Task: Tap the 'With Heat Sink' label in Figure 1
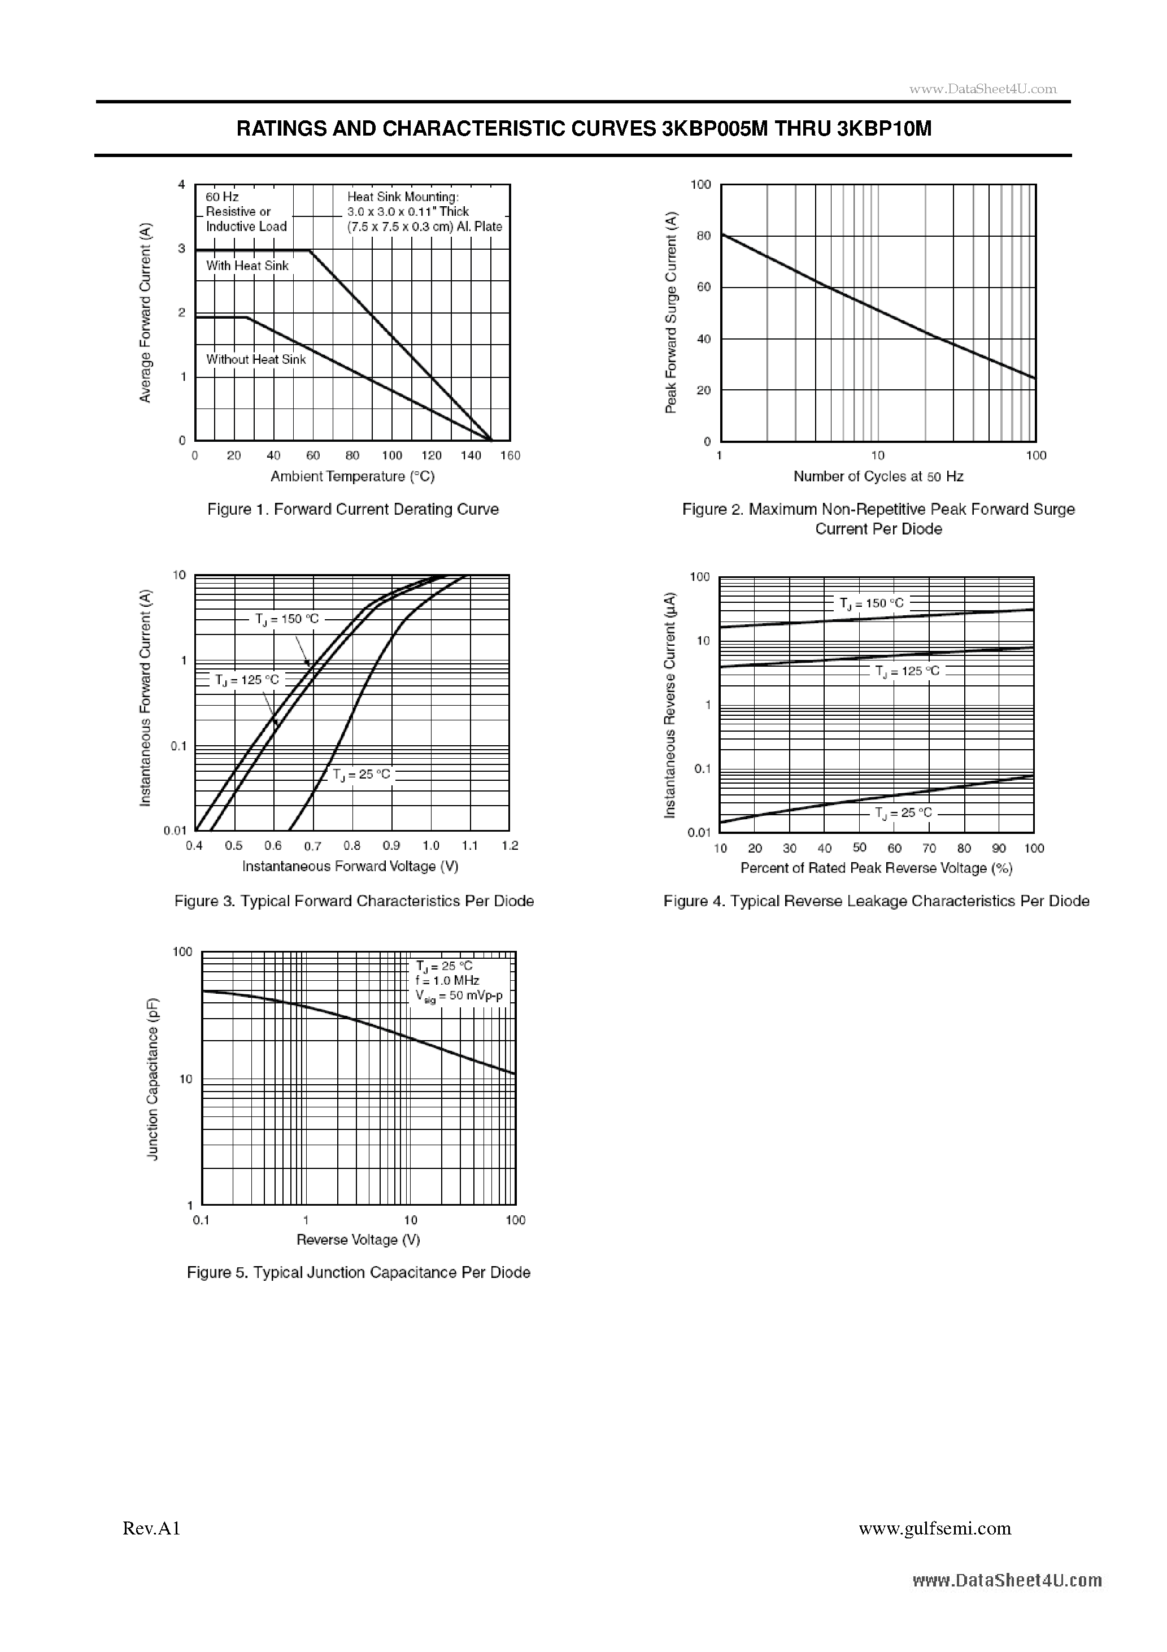coord(247,266)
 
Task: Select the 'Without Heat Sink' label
coord(255,359)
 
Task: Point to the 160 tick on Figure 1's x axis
coord(510,455)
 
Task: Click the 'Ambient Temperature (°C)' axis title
coord(352,476)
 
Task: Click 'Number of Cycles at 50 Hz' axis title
coord(878,476)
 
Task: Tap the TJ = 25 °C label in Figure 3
coord(361,774)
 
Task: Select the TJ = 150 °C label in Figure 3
coord(286,619)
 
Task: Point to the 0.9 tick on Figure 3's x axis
coord(391,845)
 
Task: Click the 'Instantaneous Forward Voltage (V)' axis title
coord(350,866)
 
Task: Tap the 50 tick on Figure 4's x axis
coord(859,847)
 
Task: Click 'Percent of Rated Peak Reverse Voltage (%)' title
coord(876,868)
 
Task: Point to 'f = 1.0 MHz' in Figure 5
coord(447,981)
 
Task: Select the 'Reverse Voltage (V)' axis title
coord(358,1240)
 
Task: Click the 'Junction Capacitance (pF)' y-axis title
coord(153,1079)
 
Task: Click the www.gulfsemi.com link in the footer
coord(935,1549)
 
